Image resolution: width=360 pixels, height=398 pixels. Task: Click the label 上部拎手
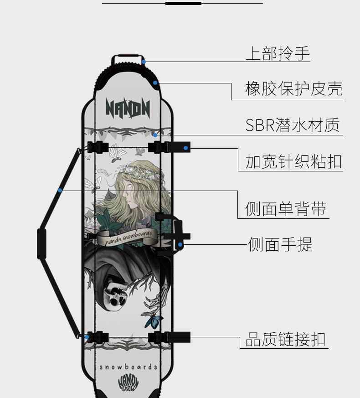(x=278, y=54)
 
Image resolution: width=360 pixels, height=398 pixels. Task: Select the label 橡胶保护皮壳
(x=293, y=88)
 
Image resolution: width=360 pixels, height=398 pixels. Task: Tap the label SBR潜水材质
(x=292, y=125)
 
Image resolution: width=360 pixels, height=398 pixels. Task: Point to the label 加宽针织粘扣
(x=293, y=161)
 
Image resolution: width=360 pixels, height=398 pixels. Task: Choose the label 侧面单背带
(x=286, y=209)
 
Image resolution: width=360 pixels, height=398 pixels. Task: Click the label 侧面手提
(x=280, y=245)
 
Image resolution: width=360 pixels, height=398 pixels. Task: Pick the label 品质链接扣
(x=286, y=339)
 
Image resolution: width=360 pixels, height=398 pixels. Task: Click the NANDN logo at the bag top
(x=128, y=109)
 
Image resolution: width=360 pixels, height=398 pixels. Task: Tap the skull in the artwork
(x=116, y=294)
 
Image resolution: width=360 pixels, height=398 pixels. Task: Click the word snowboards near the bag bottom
(x=129, y=367)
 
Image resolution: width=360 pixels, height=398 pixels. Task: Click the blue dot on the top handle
(x=144, y=62)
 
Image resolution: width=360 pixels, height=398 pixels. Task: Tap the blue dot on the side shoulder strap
(x=60, y=190)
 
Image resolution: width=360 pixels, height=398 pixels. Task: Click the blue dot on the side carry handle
(x=180, y=245)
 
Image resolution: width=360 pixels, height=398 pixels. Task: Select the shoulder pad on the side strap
(x=41, y=244)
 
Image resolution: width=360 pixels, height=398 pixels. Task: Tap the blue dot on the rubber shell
(x=155, y=83)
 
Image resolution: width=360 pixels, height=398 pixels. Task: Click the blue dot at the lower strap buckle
(x=86, y=337)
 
